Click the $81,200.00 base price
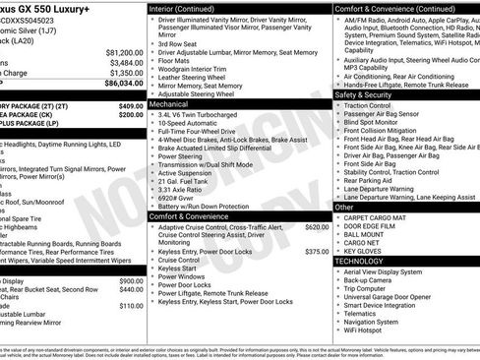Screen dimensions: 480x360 120,52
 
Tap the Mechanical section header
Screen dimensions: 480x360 169,102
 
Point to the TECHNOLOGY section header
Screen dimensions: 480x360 360,261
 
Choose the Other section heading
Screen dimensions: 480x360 344,208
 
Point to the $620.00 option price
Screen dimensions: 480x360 317,227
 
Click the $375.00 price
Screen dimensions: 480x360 317,252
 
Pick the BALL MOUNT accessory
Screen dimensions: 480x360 364,234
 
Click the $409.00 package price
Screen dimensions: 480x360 130,105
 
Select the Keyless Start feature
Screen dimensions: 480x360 178,268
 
